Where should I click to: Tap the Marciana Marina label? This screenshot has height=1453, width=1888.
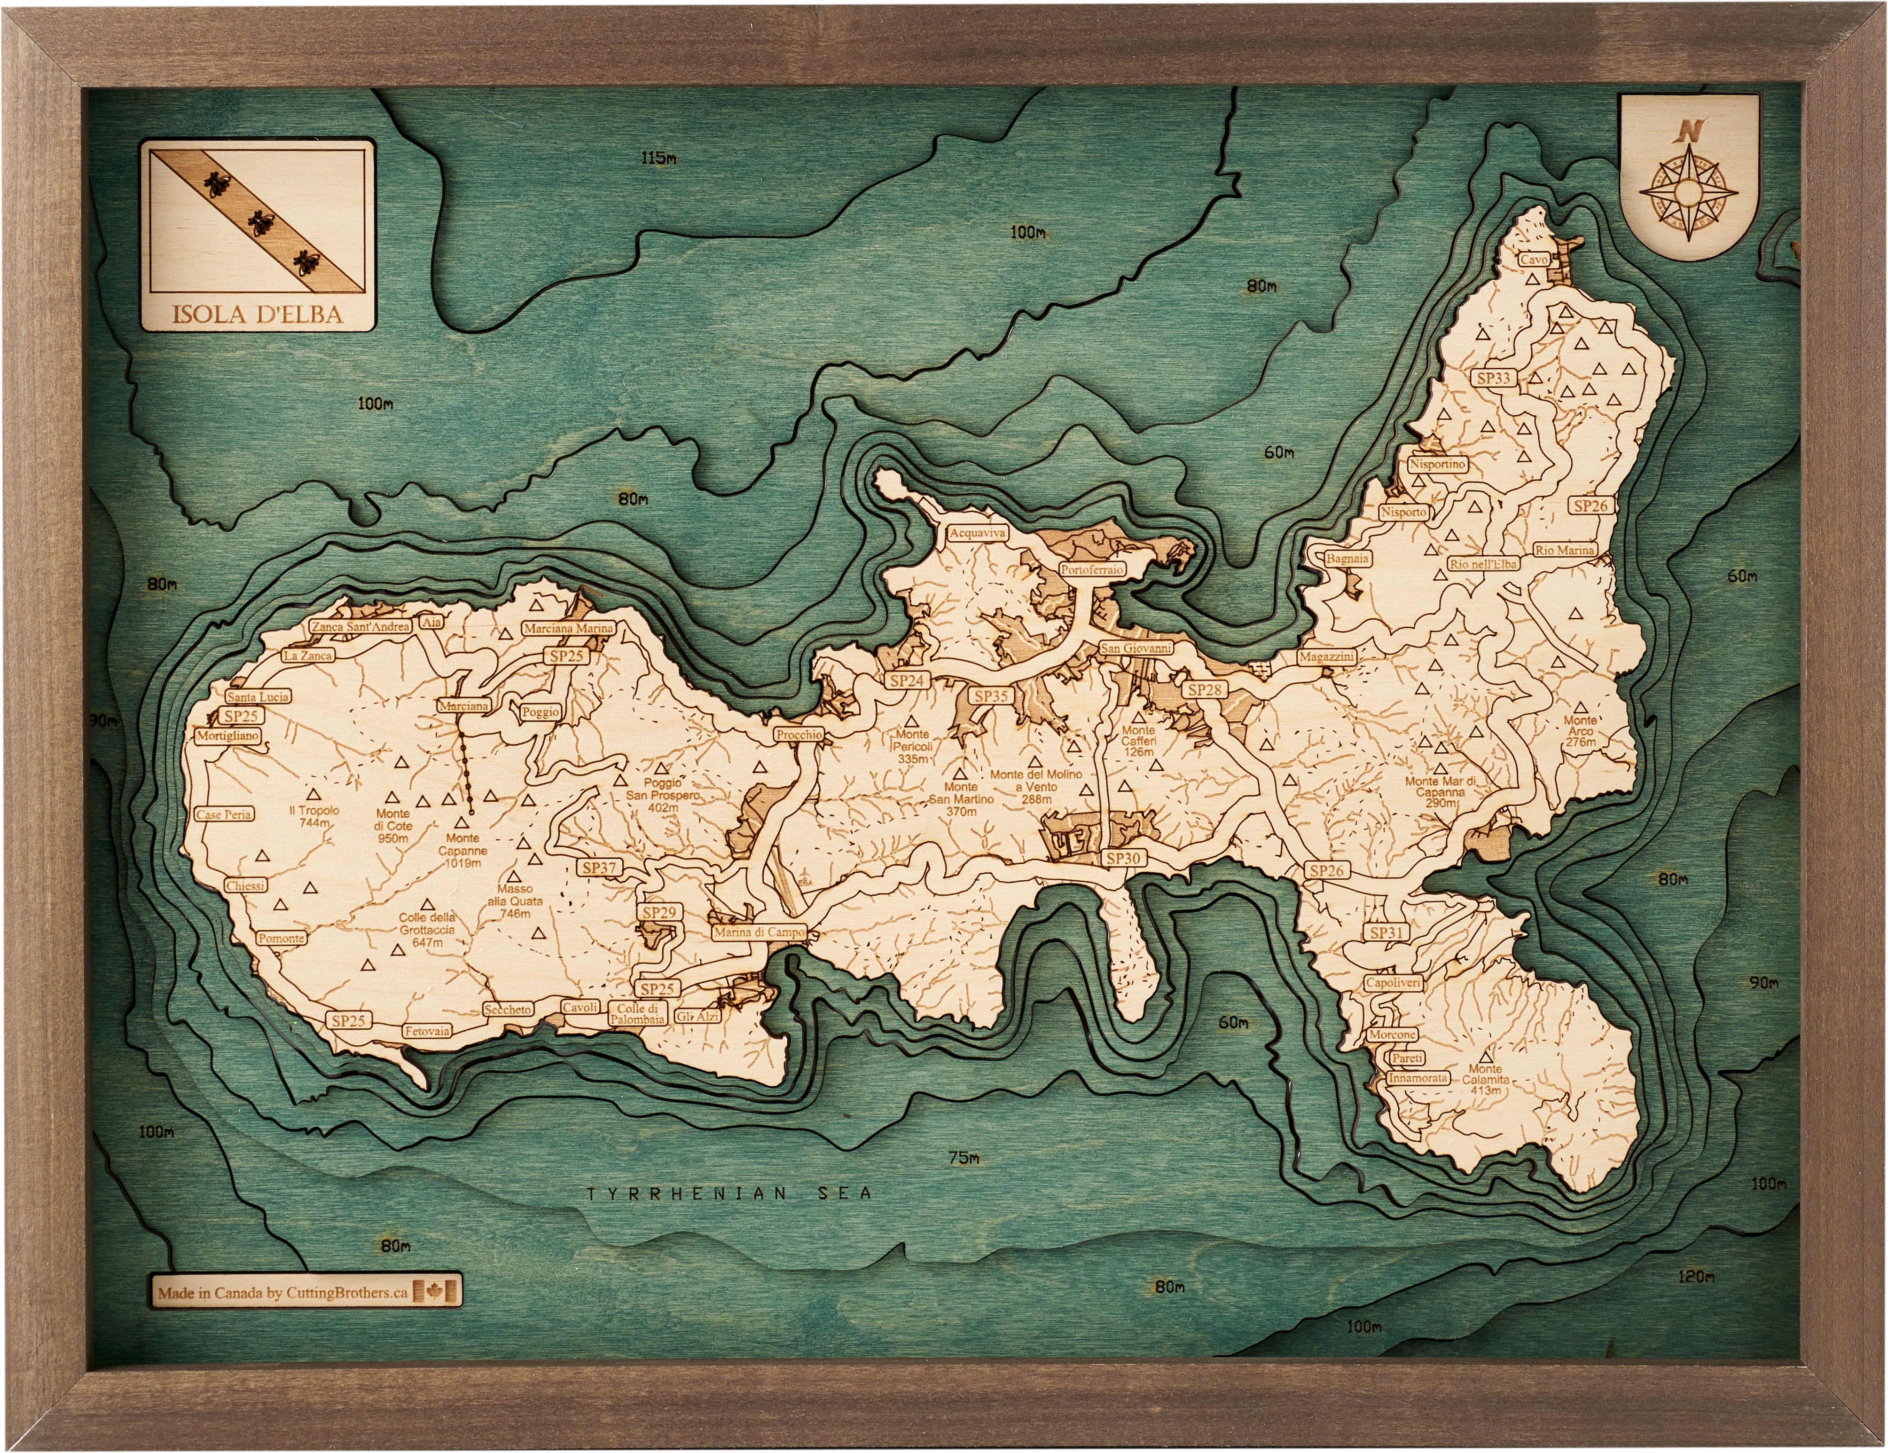click(568, 629)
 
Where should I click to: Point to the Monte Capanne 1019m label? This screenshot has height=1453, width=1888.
click(462, 850)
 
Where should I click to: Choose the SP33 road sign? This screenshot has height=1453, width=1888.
click(1494, 378)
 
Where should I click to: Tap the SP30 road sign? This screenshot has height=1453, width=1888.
click(1123, 858)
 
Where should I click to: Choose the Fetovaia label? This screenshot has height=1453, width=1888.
click(427, 1031)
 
